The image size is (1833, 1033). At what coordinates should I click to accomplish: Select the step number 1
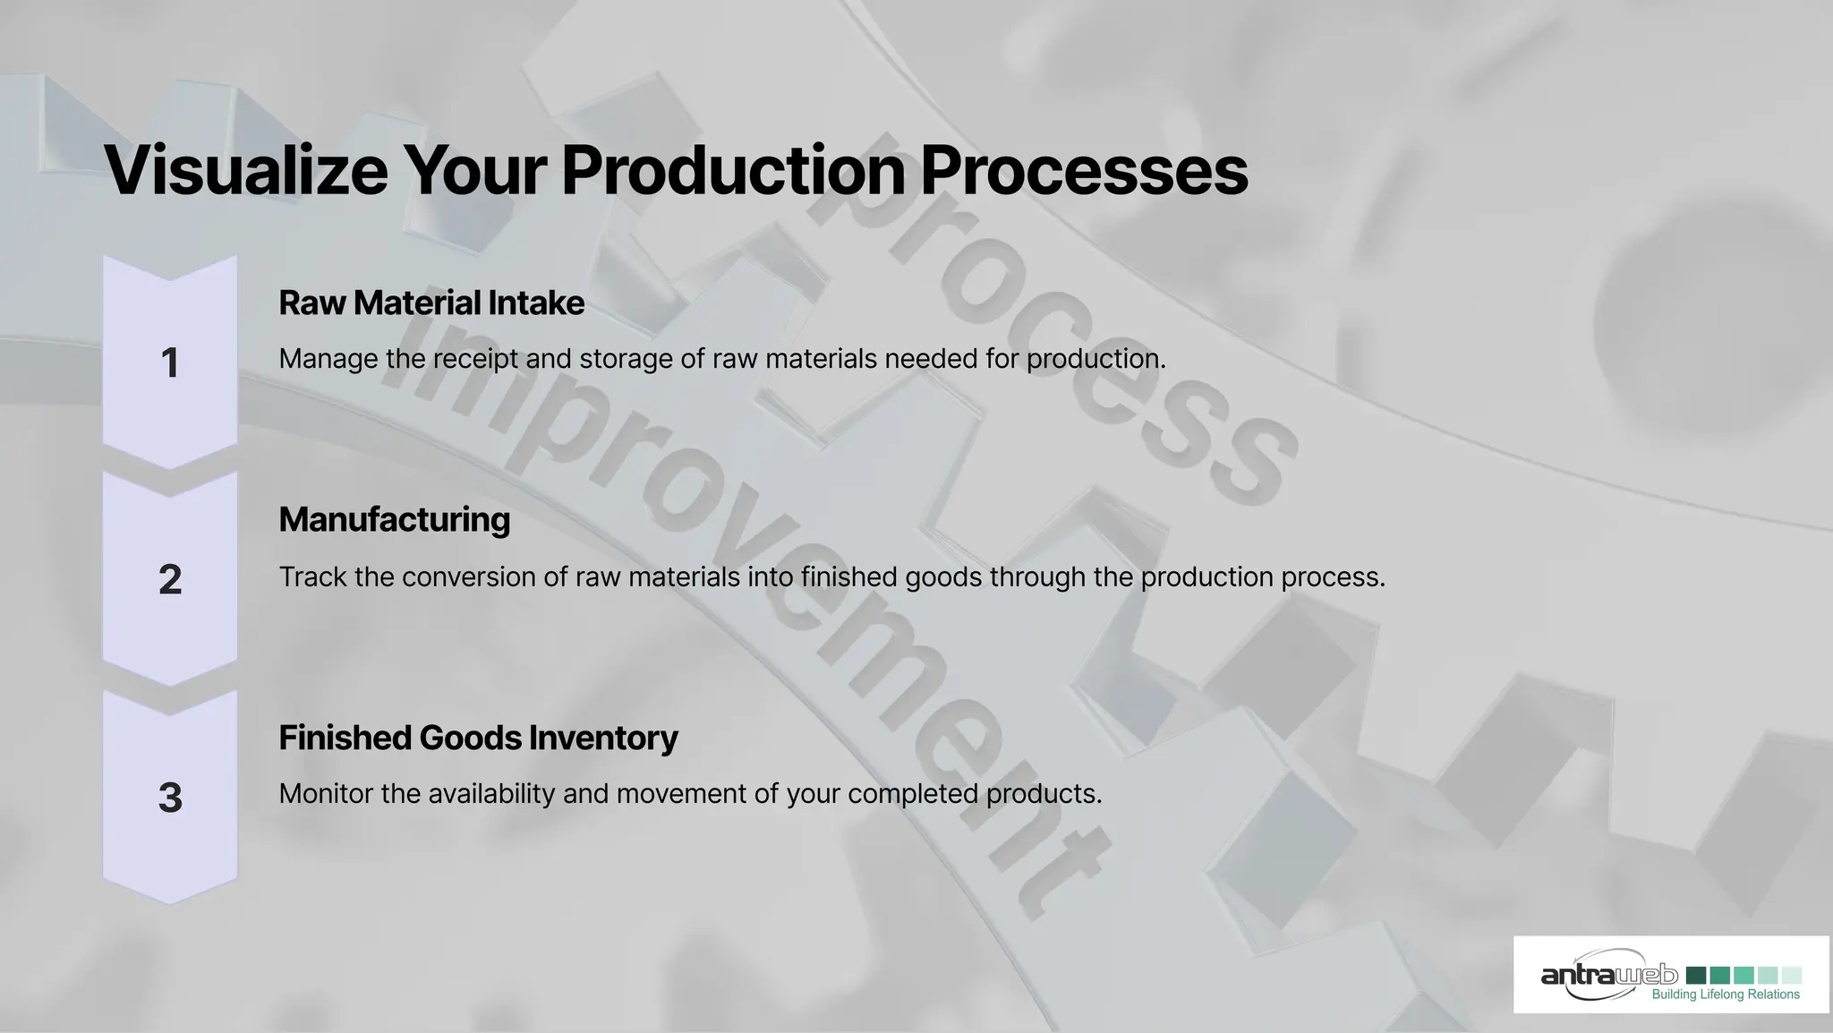tap(169, 363)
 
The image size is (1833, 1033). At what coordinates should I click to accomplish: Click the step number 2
tap(169, 580)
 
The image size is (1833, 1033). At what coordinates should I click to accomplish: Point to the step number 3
tap(169, 798)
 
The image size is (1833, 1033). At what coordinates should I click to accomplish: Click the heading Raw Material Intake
tap(431, 303)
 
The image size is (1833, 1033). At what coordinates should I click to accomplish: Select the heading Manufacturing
tap(394, 519)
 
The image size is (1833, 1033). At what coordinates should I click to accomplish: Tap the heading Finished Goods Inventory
tap(478, 738)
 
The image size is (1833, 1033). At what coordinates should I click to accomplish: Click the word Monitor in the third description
tap(325, 794)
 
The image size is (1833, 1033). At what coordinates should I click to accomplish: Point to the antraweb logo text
tap(1608, 975)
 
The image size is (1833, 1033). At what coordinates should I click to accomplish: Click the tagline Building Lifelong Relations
tap(1725, 995)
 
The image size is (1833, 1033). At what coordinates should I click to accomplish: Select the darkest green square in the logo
tap(1695, 975)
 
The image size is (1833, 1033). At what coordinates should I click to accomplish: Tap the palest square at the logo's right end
tap(1792, 975)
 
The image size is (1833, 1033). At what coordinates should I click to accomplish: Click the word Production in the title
tap(732, 170)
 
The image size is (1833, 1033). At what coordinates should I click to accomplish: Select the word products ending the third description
tap(1043, 794)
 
